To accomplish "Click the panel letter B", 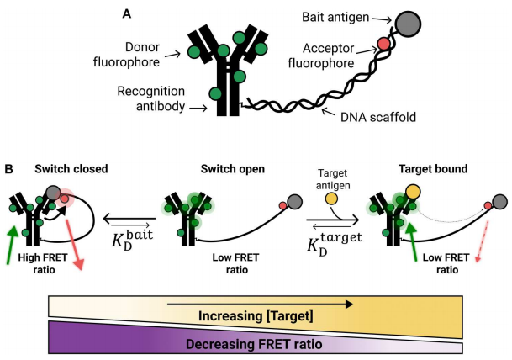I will tap(8, 170).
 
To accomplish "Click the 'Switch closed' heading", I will tap(71, 169).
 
